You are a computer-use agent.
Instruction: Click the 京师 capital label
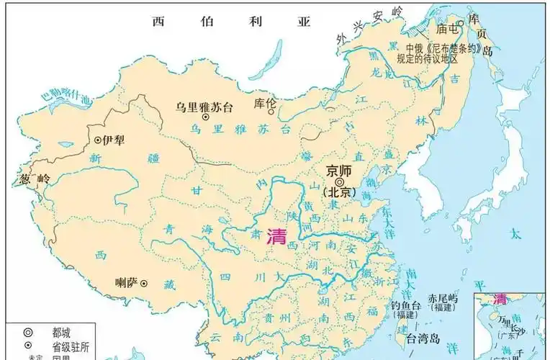coord(338,171)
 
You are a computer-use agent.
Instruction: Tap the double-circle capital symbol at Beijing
coord(339,182)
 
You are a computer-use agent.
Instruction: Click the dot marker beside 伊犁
coord(98,140)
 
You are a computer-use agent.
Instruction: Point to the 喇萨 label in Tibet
coord(127,283)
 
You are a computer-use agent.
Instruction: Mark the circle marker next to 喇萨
coord(144,284)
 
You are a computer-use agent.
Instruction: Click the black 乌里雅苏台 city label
coord(204,107)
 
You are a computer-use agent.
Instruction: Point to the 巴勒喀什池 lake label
coord(67,99)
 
